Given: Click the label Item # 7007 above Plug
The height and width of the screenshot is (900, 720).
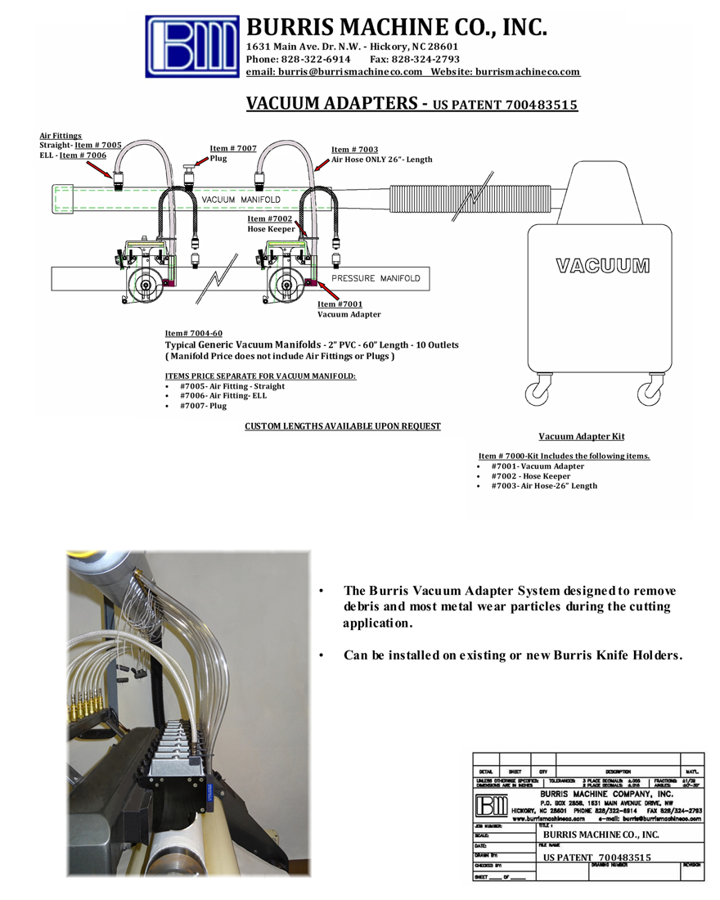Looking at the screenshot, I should [233, 148].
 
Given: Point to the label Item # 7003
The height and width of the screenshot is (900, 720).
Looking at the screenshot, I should [354, 150].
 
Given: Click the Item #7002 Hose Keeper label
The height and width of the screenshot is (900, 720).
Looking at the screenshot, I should [269, 219].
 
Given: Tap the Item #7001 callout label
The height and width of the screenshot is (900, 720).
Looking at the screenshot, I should [340, 304].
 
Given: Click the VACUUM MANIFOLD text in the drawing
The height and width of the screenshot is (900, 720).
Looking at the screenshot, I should [241, 200].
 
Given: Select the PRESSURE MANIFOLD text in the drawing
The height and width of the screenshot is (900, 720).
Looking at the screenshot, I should [376, 278].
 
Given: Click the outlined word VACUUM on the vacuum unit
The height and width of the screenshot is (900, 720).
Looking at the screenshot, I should [602, 266].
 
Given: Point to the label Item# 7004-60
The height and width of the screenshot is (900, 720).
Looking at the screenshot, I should [194, 334].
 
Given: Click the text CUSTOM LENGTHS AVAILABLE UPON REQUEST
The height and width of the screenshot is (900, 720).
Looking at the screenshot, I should [343, 426].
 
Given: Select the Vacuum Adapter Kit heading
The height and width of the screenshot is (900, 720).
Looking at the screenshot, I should [582, 437].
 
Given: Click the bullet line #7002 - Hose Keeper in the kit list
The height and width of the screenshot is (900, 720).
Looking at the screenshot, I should [531, 476].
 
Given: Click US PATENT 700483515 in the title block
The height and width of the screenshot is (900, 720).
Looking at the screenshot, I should [597, 857].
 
